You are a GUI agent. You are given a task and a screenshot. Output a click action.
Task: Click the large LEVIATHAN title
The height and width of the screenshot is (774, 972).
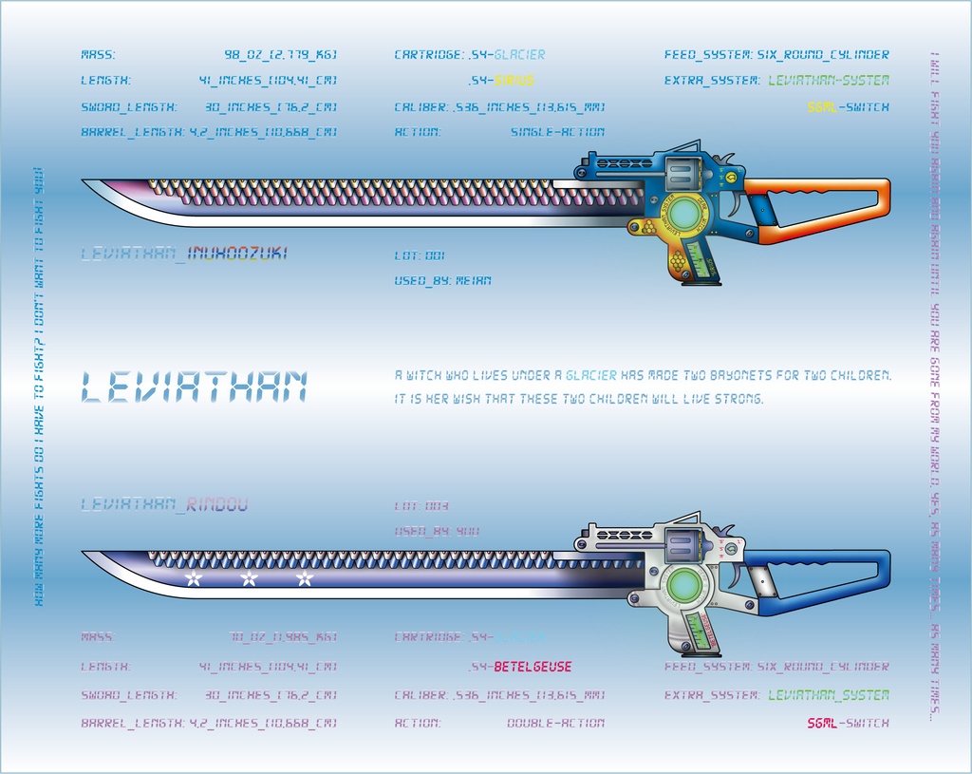(195, 387)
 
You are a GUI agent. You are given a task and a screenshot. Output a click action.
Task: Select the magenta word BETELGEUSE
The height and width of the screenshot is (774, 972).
(533, 667)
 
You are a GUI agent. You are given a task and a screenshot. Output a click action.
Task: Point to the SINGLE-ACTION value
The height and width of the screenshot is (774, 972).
(557, 132)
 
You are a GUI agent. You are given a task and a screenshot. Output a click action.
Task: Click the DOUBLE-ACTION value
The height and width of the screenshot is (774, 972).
(555, 723)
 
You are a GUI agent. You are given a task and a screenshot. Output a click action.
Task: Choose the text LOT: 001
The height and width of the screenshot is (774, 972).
(420, 255)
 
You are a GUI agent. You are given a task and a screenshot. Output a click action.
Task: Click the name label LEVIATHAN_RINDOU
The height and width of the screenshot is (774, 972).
(164, 505)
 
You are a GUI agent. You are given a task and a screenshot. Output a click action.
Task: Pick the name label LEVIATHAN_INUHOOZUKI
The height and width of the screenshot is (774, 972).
(184, 254)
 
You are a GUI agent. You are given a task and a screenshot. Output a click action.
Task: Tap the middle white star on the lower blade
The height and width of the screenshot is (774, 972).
(249, 578)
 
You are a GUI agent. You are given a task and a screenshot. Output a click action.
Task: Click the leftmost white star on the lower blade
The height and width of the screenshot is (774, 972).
(193, 578)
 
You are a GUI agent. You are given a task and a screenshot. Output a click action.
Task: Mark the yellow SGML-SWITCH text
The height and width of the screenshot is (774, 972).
(849, 107)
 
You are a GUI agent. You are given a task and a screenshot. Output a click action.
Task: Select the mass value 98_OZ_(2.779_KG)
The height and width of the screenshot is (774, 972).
(280, 55)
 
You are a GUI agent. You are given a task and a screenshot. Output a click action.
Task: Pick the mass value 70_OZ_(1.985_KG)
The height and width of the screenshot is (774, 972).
(282, 637)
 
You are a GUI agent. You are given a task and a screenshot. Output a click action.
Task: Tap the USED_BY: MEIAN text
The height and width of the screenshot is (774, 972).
(442, 281)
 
